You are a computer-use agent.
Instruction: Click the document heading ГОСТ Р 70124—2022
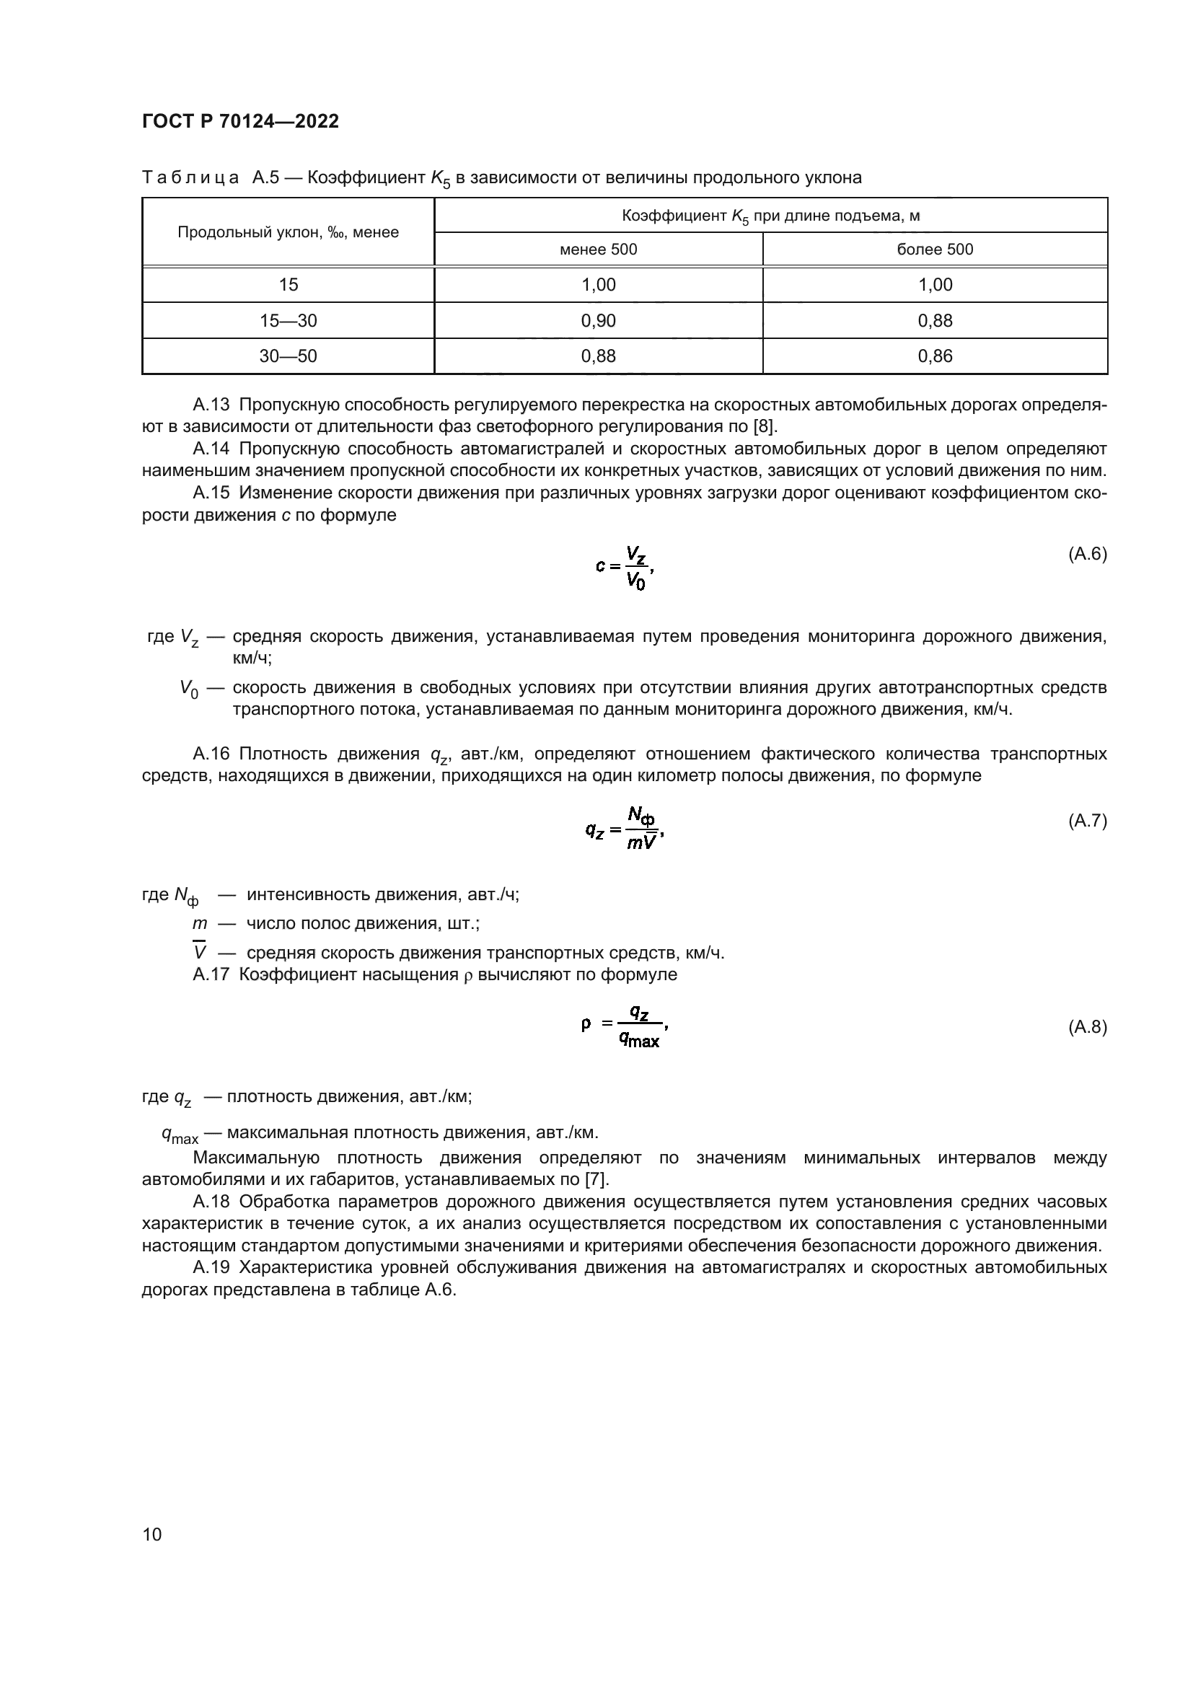click(x=240, y=122)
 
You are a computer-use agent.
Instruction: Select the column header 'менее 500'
click(x=598, y=249)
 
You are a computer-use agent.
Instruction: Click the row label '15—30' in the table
click(x=288, y=320)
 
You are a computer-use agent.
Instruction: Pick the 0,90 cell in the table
click(x=598, y=320)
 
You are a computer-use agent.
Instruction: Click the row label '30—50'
click(x=288, y=356)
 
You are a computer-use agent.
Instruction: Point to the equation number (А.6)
click(x=1086, y=554)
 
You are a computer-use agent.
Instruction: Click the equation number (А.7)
click(x=1086, y=821)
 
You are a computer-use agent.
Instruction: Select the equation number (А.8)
click(x=1086, y=1027)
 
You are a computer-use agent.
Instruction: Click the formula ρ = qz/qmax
click(x=624, y=1027)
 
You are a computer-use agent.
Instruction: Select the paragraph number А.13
click(x=211, y=405)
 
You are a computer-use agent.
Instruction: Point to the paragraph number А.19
click(x=211, y=1267)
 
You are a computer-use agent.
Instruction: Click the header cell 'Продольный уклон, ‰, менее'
click(x=288, y=232)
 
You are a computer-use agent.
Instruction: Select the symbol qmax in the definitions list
click(x=180, y=1135)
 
